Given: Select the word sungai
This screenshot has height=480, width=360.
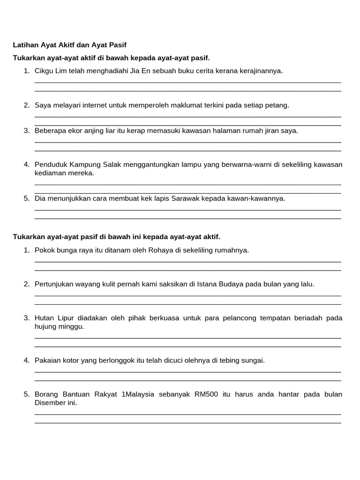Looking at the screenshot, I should (x=254, y=360).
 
